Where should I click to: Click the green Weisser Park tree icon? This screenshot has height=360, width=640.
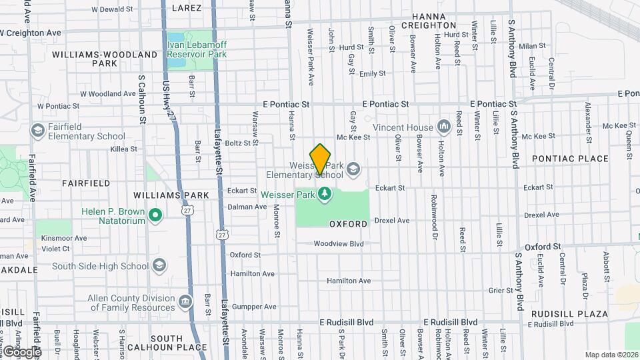pyautogui.click(x=325, y=194)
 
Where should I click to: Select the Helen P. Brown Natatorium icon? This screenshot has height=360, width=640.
pyautogui.click(x=155, y=215)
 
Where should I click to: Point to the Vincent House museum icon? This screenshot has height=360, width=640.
pyautogui.click(x=444, y=127)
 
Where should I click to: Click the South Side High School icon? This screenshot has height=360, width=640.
pyautogui.click(x=159, y=266)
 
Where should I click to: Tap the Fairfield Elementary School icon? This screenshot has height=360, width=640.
pyautogui.click(x=38, y=131)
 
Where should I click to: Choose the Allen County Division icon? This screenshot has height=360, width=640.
pyautogui.click(x=185, y=303)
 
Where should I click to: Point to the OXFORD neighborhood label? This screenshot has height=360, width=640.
pyautogui.click(x=349, y=224)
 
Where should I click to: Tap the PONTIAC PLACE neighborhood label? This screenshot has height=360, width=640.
pyautogui.click(x=571, y=159)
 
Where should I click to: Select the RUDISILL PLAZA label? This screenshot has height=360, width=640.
pyautogui.click(x=569, y=313)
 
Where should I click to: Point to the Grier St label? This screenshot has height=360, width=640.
pyautogui.click(x=500, y=290)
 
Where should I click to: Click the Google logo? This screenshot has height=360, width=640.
pyautogui.click(x=21, y=351)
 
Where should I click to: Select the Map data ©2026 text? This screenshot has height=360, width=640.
pyautogui.click(x=611, y=355)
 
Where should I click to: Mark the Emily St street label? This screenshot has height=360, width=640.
pyautogui.click(x=372, y=74)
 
